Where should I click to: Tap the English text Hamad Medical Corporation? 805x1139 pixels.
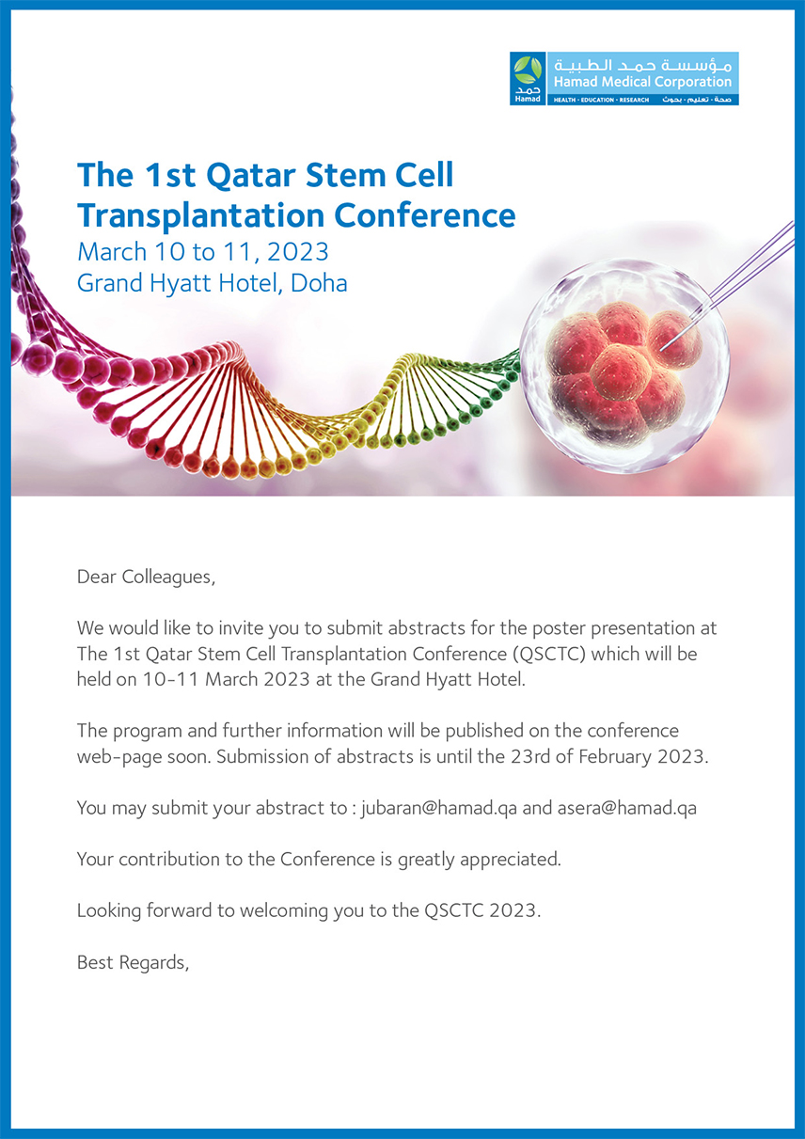tap(643, 82)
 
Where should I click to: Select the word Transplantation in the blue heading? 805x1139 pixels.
tap(201, 215)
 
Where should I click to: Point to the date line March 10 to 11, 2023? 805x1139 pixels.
tap(203, 252)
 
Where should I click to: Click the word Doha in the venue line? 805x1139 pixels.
tap(319, 283)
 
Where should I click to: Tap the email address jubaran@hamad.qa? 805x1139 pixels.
tap(439, 808)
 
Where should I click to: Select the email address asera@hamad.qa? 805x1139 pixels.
tap(627, 808)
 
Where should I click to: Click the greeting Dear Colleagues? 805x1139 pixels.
tap(146, 577)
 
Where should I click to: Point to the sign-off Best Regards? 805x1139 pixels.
tap(133, 962)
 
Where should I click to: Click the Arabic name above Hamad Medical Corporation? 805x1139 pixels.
tap(643, 66)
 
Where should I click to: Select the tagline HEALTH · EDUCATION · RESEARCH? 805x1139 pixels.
tap(601, 101)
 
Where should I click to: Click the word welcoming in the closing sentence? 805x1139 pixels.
tap(284, 910)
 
